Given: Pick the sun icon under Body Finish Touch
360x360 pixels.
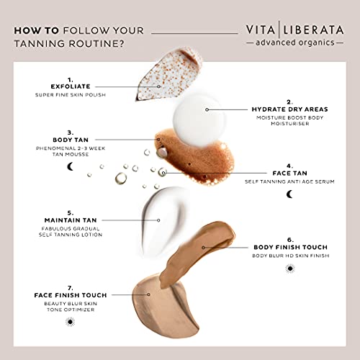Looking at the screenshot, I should tap(289, 269).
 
